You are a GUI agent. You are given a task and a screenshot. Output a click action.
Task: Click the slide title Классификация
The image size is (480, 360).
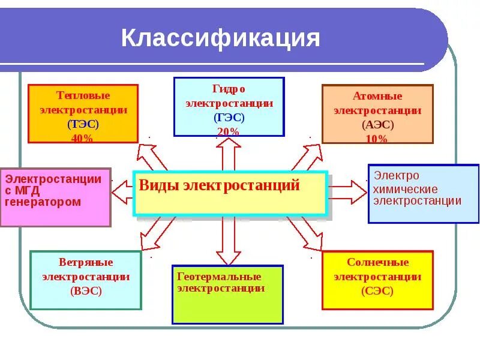click(220, 38)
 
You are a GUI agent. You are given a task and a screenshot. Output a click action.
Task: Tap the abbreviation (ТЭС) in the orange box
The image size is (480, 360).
click(83, 124)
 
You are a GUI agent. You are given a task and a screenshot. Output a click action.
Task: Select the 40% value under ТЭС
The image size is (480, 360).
click(83, 138)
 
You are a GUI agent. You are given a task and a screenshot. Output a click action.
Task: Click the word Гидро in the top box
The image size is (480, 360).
click(229, 89)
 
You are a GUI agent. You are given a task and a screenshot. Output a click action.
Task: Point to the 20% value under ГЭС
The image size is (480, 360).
click(229, 131)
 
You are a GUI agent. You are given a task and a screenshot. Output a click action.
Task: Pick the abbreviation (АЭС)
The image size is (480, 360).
click(377, 125)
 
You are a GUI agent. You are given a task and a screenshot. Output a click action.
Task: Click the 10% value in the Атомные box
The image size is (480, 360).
click(377, 139)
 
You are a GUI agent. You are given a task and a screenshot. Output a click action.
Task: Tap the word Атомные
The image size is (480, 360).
click(377, 96)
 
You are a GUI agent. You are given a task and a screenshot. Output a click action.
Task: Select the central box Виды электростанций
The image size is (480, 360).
click(230, 193)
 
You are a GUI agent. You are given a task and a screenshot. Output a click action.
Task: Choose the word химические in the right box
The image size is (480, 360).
click(406, 189)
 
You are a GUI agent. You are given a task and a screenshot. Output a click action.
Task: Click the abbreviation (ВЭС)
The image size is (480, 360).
click(86, 291)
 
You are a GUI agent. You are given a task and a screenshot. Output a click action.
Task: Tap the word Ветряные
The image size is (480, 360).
click(86, 263)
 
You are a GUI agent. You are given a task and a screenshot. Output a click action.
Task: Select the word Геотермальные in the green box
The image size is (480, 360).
click(220, 277)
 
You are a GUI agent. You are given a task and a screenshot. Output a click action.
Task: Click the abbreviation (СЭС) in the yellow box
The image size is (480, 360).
click(377, 291)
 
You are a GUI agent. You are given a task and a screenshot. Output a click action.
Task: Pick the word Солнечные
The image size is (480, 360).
click(377, 263)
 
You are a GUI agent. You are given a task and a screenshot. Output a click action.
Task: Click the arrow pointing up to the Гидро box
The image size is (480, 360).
click(229, 154)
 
